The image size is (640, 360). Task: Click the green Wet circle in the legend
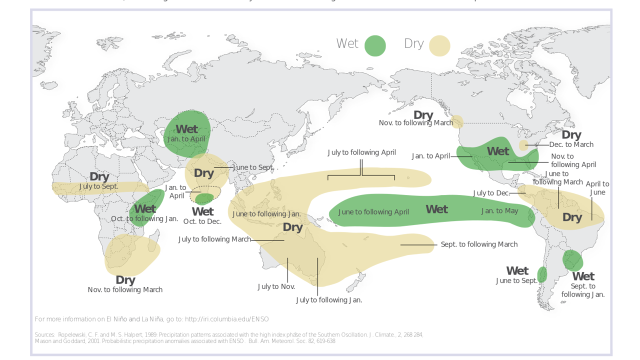point(375,46)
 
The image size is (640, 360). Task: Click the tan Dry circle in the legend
point(439,46)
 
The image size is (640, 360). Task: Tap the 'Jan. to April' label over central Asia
point(186,139)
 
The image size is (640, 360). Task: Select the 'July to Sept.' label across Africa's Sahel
point(98,186)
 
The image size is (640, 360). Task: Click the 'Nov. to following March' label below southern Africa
point(125,290)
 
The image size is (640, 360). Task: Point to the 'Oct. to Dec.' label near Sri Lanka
point(202,221)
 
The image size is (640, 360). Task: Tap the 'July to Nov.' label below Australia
point(276,287)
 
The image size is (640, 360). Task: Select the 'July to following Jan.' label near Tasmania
point(328,300)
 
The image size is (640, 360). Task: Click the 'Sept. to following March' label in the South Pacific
point(478,244)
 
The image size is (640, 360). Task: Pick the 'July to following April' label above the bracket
point(361,152)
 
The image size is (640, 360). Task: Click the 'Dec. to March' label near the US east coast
point(571,144)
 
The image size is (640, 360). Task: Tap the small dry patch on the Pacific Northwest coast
point(457,122)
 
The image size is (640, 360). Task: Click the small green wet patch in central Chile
point(542,274)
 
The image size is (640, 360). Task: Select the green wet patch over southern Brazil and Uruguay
point(572,260)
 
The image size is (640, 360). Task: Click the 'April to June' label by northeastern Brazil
point(597,188)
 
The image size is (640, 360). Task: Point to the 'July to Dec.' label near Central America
point(491,193)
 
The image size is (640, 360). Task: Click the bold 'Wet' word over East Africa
point(145,209)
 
